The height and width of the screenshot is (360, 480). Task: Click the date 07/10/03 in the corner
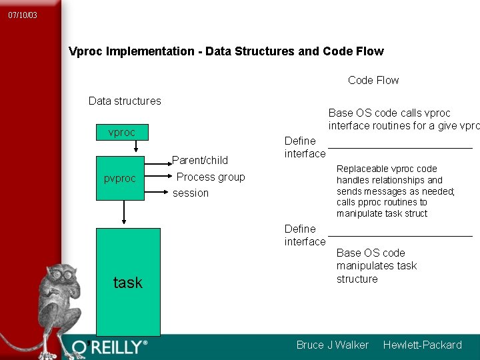pos(23,15)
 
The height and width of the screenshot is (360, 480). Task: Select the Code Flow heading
pos(373,81)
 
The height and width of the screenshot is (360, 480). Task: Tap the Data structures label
pos(125,101)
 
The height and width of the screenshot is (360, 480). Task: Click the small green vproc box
pos(122,132)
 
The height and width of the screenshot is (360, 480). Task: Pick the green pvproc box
pos(120,178)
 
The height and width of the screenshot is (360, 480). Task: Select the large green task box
pos(128,282)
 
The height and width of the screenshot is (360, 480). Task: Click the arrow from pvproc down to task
pos(123,213)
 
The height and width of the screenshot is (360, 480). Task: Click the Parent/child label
pos(200,160)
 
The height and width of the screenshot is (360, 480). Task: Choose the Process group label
pos(211,177)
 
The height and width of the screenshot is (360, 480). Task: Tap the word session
pos(191,193)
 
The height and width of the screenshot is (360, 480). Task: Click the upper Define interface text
pos(305,147)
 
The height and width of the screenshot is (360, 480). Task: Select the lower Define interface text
pos(305,235)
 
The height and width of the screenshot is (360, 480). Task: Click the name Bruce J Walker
pos(332,345)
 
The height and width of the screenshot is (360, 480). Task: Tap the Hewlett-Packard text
pos(422,345)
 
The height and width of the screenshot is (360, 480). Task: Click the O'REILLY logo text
pos(110,347)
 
